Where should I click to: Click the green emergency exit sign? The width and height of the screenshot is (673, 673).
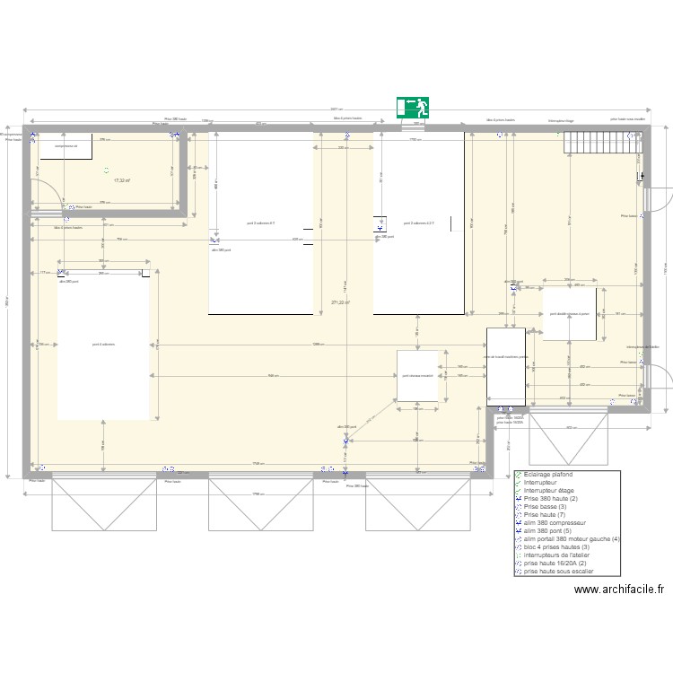point(413,108)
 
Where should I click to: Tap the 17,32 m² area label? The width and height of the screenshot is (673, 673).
point(122,181)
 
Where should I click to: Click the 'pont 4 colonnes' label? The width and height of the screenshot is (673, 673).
point(103,344)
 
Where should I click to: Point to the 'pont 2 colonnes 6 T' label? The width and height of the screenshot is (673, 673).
point(261,223)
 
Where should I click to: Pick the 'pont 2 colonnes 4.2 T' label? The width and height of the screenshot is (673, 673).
point(419,223)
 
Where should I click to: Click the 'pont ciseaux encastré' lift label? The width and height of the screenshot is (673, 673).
point(417,376)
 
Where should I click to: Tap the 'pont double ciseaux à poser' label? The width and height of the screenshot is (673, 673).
point(569,314)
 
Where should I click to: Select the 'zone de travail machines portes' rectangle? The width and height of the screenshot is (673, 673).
point(506,366)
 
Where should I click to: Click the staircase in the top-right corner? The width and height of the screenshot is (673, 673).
point(597,142)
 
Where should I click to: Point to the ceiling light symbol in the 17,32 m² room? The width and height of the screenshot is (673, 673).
point(106,170)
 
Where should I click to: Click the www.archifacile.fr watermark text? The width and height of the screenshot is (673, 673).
point(619,590)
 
